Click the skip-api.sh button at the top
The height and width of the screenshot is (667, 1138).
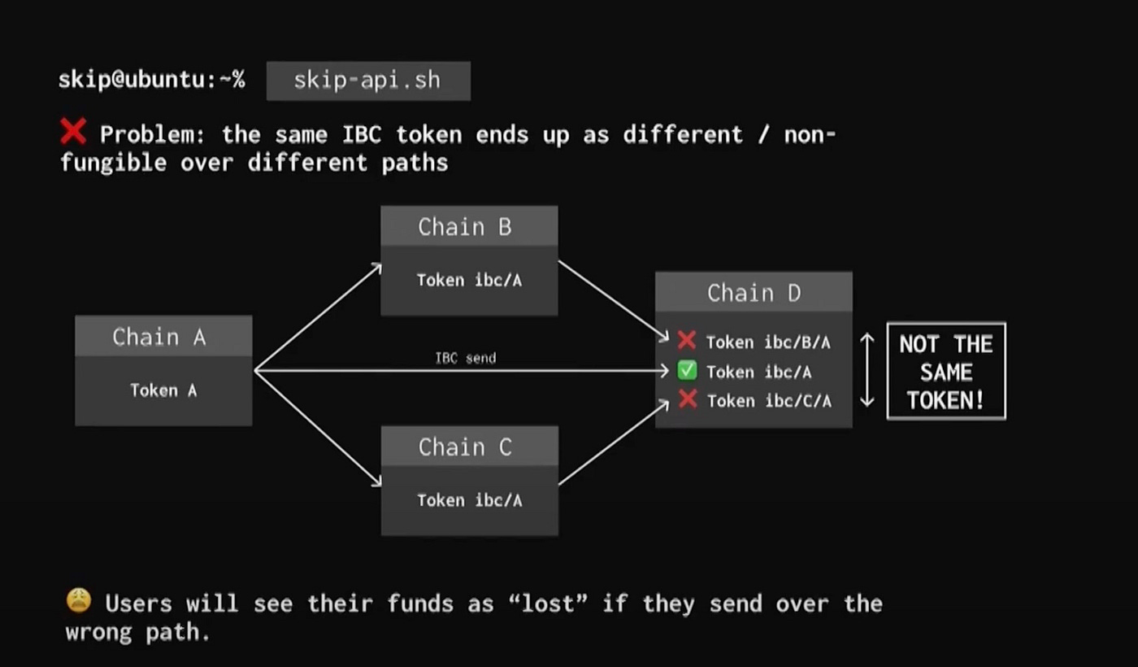(367, 81)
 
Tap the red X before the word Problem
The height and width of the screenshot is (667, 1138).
(73, 132)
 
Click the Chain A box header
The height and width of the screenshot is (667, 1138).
(163, 336)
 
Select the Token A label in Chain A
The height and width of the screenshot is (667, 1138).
(163, 390)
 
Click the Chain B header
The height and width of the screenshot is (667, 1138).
(468, 226)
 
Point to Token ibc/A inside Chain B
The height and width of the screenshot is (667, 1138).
(469, 281)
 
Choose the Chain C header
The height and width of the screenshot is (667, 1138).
(469, 447)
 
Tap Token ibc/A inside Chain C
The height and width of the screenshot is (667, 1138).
(469, 501)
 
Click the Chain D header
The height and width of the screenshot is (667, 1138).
(754, 293)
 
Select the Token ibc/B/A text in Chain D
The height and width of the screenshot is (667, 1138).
(768, 342)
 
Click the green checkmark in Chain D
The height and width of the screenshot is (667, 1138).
(687, 372)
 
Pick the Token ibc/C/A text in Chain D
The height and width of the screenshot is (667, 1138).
(769, 401)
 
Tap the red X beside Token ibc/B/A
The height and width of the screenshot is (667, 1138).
(687, 341)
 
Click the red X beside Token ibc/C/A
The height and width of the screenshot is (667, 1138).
(688, 399)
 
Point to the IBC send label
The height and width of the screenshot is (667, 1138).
(465, 358)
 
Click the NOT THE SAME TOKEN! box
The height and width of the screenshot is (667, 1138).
(945, 372)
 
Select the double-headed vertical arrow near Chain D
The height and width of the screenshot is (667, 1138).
(867, 371)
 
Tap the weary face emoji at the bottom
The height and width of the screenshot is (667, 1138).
(79, 602)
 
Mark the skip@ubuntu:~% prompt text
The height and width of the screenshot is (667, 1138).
(151, 81)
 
